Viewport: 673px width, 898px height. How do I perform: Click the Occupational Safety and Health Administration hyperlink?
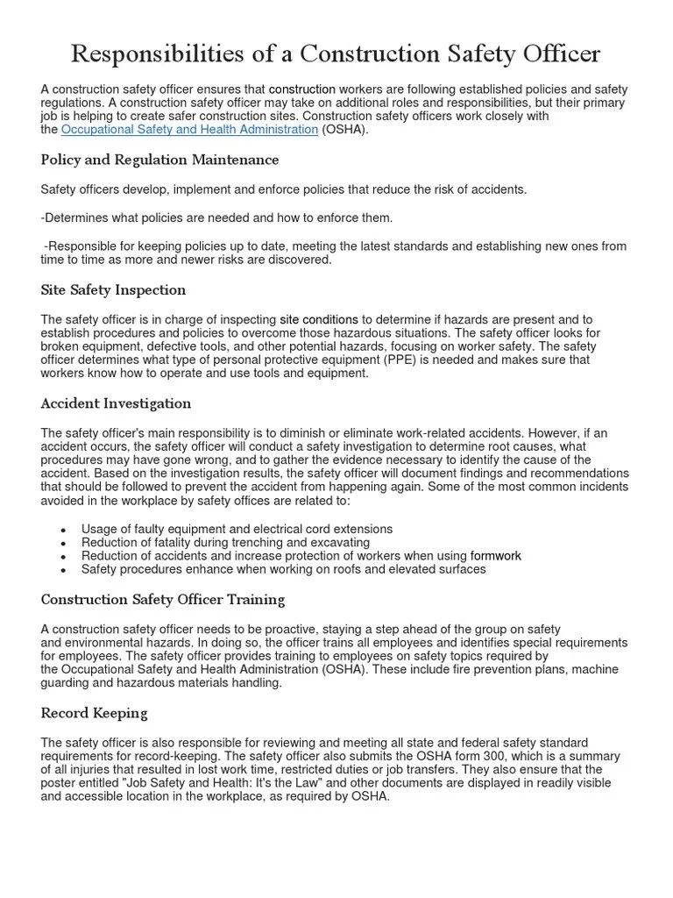(x=189, y=130)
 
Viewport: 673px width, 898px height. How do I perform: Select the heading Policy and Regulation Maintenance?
(x=159, y=160)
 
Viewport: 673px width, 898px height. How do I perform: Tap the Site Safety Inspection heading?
(x=113, y=289)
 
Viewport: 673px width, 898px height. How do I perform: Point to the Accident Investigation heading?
(x=116, y=403)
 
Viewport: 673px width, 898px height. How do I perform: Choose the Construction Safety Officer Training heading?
(x=163, y=600)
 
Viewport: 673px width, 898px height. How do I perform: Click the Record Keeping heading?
(x=94, y=713)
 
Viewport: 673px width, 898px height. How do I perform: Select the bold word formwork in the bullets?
(x=495, y=556)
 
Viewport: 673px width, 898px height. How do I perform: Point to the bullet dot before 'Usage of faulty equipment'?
(x=64, y=531)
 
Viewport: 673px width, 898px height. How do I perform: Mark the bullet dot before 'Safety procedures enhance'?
(x=64, y=570)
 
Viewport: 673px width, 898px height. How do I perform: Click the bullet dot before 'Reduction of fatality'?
(x=64, y=544)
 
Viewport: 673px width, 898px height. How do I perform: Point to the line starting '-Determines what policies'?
(x=216, y=217)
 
